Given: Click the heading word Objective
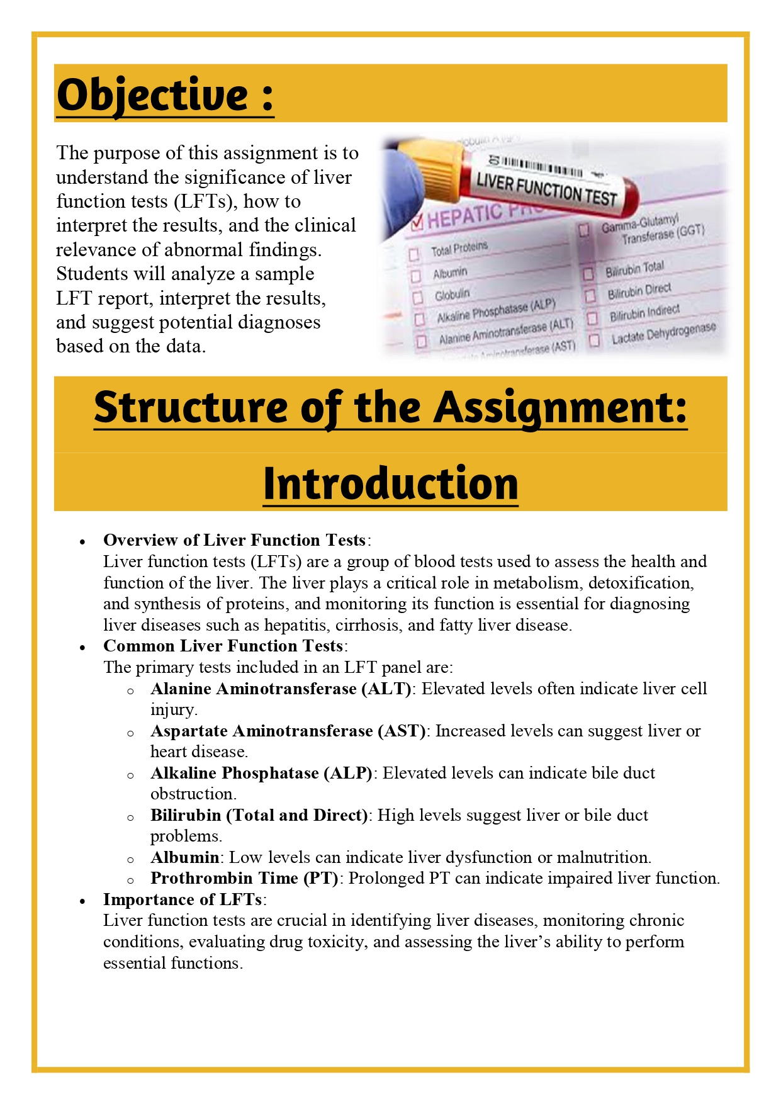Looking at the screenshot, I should pos(153,95).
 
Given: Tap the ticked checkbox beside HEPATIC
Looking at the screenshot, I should pos(417,223).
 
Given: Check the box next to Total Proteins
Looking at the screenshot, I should pos(414,254).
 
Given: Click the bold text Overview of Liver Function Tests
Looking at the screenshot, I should pos(234,540).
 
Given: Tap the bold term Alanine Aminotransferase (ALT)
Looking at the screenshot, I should pos(281,689).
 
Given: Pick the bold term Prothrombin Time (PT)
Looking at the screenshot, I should pos(244,878).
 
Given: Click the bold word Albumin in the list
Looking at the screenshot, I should pos(184,857).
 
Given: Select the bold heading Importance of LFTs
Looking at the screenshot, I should pos(183,899).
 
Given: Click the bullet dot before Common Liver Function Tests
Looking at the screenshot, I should pos(82,647).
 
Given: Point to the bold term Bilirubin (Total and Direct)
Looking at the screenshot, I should pos(259,815).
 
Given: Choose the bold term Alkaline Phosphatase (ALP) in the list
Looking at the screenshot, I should pos(261,773).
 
